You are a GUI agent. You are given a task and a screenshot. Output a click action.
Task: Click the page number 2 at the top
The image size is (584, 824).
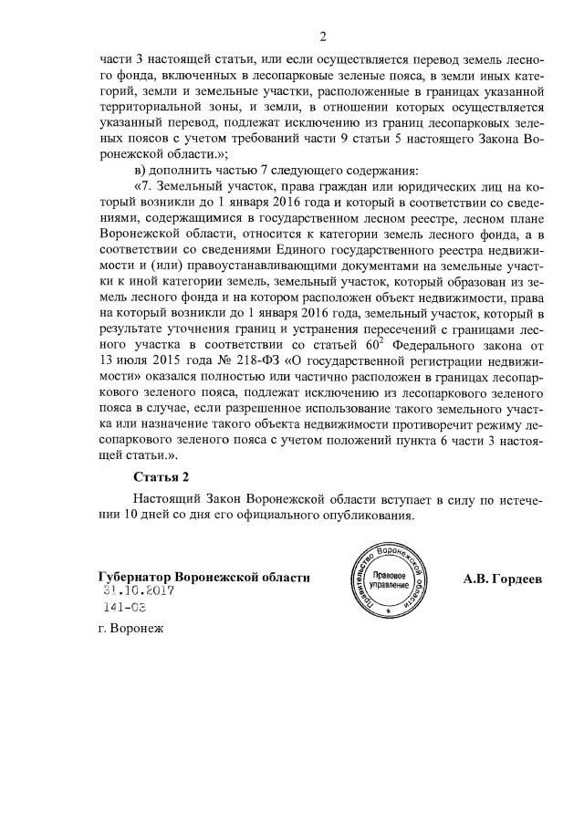point(322,37)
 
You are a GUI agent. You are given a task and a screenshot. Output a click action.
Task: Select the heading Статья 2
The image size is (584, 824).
point(165,475)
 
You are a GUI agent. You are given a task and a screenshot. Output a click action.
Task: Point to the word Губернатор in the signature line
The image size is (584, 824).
point(135,578)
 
